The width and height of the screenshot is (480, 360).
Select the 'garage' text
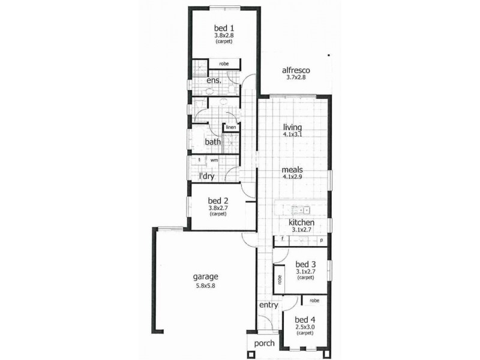205,277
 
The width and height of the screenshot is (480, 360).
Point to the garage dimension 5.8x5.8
205,286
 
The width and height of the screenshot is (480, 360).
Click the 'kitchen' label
301,223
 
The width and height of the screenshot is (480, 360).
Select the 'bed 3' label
305,264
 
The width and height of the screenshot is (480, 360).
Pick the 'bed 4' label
305,319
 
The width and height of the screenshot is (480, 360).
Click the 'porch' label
264,343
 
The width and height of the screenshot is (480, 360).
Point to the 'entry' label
268,305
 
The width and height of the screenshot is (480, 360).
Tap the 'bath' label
213,142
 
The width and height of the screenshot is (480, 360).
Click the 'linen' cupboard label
230,127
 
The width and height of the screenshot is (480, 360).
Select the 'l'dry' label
208,176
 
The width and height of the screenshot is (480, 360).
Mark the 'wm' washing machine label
214,160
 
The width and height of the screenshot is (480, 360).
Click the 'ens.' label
214,80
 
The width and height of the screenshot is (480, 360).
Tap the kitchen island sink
298,210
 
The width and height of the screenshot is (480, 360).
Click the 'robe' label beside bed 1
223,63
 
